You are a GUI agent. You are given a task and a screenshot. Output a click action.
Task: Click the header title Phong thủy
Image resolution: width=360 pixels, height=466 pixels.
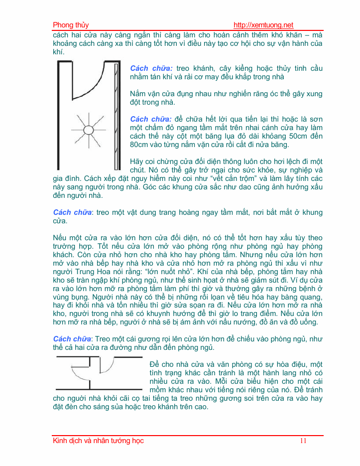click(x=71, y=25)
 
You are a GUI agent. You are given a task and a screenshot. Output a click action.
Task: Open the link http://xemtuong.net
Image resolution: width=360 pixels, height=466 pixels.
click(x=263, y=25)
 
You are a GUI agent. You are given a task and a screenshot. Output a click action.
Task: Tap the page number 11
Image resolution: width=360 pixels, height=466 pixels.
click(x=303, y=441)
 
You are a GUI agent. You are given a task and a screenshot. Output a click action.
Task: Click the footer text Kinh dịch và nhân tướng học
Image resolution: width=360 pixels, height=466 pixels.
click(x=98, y=441)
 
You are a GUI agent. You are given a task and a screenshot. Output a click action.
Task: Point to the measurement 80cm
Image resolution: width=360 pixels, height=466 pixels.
click(x=139, y=145)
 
